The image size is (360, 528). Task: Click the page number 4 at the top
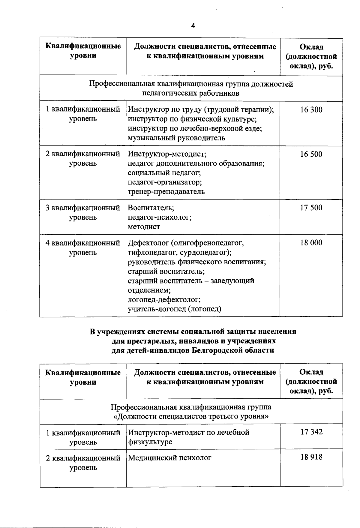193,26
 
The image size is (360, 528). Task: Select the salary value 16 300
311,110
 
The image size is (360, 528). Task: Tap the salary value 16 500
311,154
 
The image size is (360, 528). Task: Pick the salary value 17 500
311,208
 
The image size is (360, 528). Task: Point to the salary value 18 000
311,243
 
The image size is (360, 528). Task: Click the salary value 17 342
311,432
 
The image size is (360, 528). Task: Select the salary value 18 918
311,457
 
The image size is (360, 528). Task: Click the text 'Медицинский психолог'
169,458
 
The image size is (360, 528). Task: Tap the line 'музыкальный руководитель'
176,138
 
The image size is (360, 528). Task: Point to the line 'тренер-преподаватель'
166,191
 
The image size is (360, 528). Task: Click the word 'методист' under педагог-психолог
144,227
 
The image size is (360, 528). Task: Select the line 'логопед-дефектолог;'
164,299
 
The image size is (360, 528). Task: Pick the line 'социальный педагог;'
164,173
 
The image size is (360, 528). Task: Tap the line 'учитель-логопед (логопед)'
174,309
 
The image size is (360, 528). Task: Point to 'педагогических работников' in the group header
190,93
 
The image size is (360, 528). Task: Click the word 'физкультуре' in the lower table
150,442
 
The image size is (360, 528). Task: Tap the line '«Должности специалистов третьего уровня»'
191,416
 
